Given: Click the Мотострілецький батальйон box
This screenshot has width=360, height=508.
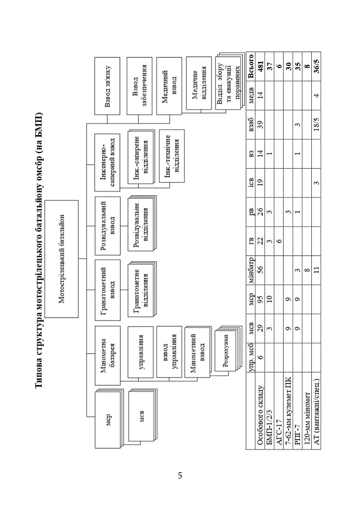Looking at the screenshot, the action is coord(62,259).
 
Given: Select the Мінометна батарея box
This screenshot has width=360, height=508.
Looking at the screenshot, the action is coord(108,355).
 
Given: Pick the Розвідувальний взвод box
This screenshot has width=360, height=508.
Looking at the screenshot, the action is coord(108,226).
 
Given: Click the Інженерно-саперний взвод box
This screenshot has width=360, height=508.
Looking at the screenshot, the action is coord(108,162).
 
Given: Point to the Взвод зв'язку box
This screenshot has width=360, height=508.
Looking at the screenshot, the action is coord(107,86).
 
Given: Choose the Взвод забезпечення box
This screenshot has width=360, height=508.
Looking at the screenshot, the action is coord(140,86).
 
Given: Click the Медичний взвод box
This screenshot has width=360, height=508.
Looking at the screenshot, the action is coord(169,86).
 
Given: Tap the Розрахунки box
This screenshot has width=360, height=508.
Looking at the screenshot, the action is coord(226,351).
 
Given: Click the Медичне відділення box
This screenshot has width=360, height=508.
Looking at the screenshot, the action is coord(199,83).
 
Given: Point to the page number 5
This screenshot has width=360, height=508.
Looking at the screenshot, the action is coord(180,476).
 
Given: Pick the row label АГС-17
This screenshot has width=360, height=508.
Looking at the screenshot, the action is coord(279,432).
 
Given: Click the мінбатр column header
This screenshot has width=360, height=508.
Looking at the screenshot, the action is coord(250,270).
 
